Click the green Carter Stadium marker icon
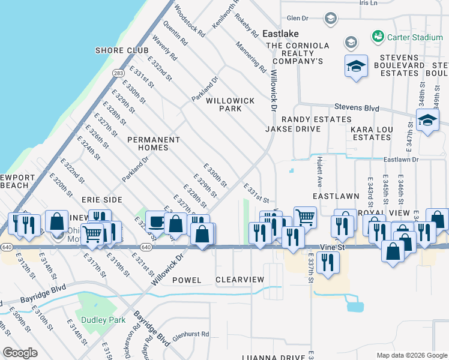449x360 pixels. [x=378, y=37]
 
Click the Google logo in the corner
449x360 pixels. [x=20, y=352]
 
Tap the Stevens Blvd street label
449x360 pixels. [x=357, y=108]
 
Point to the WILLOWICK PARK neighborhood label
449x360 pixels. [x=231, y=105]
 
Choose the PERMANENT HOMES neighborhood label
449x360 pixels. [x=154, y=143]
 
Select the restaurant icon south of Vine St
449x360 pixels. [x=327, y=262]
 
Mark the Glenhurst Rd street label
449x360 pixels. [x=188, y=334]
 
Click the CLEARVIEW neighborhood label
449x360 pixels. [x=240, y=280]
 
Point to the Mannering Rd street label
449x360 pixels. [x=251, y=56]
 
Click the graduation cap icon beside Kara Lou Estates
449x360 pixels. [x=427, y=121]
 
